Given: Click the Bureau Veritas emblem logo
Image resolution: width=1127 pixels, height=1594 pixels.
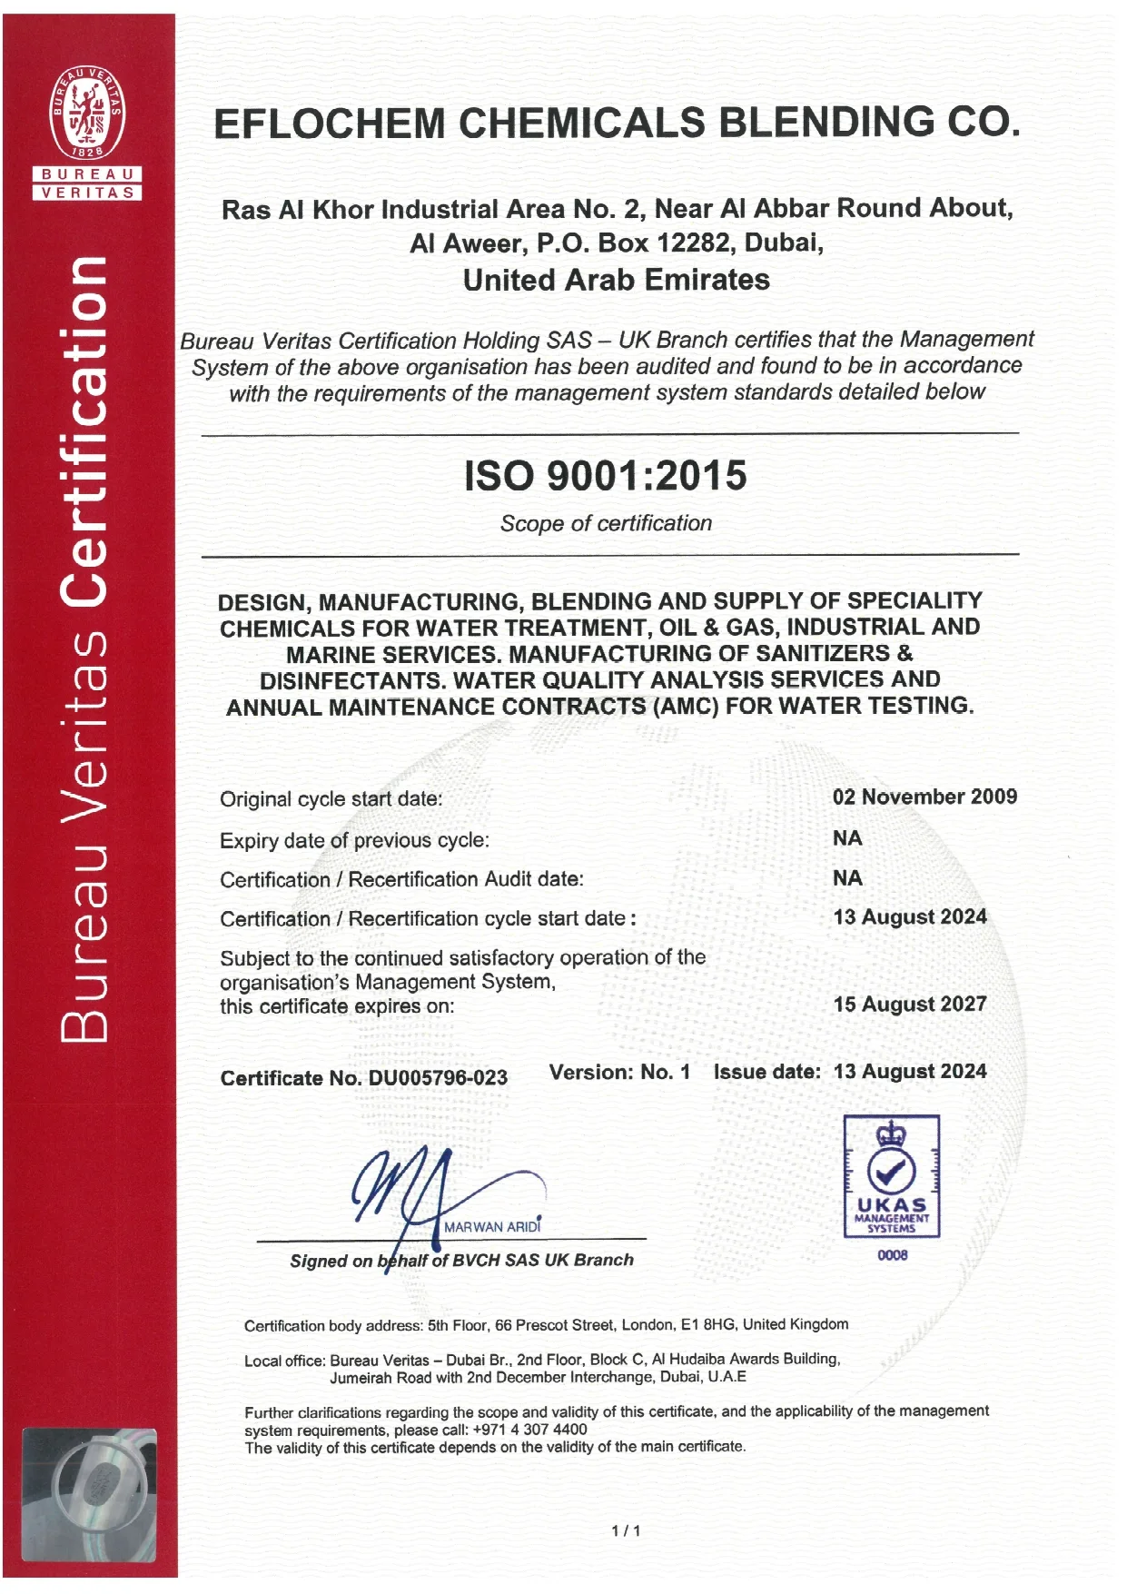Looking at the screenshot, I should coord(87,112).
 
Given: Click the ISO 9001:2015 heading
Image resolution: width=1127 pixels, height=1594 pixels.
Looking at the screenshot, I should coord(605,476).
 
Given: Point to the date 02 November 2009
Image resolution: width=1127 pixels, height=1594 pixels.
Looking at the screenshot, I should coord(924,797).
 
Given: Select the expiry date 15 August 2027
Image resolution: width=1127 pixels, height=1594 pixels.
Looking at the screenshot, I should coord(910,1004).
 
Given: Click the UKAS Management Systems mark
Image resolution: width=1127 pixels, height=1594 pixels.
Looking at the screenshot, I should coord(891,1176).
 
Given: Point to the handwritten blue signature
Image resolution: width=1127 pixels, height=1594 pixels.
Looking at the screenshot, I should coord(418,1190).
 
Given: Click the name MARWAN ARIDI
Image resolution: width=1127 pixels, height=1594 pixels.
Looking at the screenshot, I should coord(492,1227).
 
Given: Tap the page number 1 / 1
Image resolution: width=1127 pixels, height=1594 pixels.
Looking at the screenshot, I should coord(626,1530).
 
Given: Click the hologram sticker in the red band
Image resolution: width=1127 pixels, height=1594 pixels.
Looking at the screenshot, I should coord(89,1494).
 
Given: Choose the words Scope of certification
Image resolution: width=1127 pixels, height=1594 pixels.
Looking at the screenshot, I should coord(606,523).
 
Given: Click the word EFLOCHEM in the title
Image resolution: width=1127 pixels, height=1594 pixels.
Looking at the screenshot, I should coord(329,124).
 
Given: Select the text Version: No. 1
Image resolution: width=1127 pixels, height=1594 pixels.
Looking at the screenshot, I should coord(619,1072).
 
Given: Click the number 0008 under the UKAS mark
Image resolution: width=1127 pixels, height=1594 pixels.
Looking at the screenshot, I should coord(892,1255).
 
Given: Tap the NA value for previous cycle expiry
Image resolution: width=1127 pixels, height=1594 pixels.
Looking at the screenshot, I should coord(847,838).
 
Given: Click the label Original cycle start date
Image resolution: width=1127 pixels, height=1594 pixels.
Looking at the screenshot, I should coord(331,799).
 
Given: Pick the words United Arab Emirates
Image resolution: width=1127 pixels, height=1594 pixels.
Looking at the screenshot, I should coord(616,280).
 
